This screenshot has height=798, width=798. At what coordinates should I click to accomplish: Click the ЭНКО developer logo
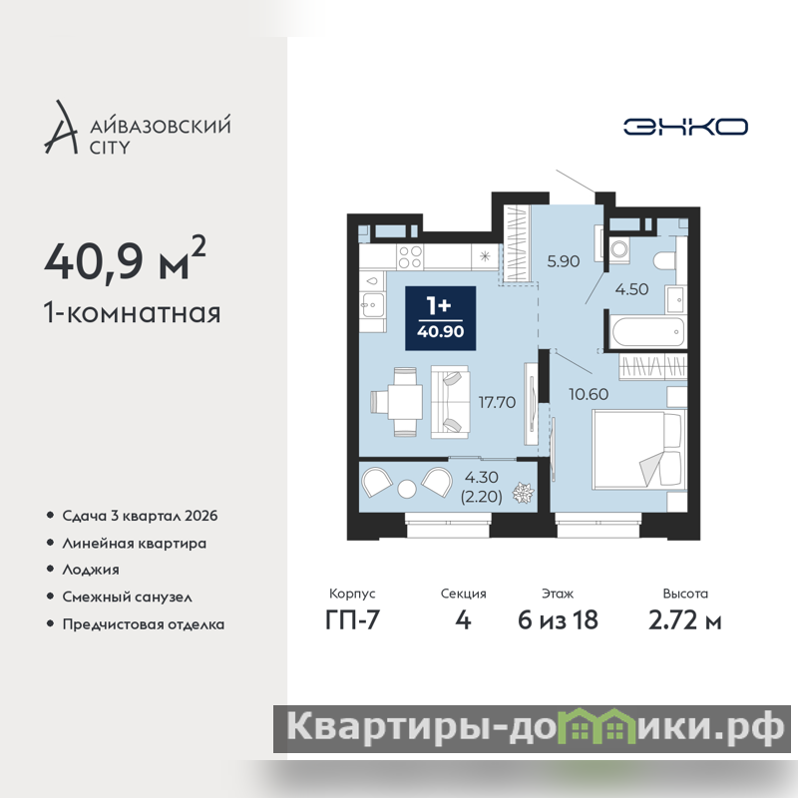click(685, 127)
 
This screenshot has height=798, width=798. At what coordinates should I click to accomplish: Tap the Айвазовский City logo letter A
click(62, 128)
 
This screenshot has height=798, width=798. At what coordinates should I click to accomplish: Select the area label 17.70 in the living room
click(497, 402)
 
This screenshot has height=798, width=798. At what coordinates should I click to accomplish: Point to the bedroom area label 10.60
click(589, 394)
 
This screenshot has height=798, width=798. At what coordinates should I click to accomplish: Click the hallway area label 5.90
click(564, 261)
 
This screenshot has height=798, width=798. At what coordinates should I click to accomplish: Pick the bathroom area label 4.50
click(631, 289)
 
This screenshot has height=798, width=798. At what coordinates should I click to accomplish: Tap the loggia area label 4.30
click(482, 478)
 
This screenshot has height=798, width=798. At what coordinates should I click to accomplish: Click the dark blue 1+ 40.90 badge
click(440, 318)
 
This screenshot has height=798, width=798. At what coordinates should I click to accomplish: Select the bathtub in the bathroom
click(647, 332)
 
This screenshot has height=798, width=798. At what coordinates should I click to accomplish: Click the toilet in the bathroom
click(665, 261)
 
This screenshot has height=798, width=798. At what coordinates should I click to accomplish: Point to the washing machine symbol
click(619, 249)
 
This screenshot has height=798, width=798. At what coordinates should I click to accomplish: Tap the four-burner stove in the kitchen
click(410, 256)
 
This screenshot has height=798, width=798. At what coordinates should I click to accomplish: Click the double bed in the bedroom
click(637, 451)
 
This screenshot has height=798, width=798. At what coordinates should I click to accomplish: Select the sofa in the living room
click(451, 402)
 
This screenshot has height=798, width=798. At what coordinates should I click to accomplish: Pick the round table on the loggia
click(407, 489)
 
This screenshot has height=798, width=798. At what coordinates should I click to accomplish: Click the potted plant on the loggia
click(523, 492)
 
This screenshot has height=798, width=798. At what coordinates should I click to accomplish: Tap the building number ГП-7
click(352, 620)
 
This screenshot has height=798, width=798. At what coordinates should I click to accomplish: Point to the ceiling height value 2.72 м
click(685, 620)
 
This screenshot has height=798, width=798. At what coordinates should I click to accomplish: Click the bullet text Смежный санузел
click(128, 597)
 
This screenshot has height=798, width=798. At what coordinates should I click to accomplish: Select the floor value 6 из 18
click(558, 620)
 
